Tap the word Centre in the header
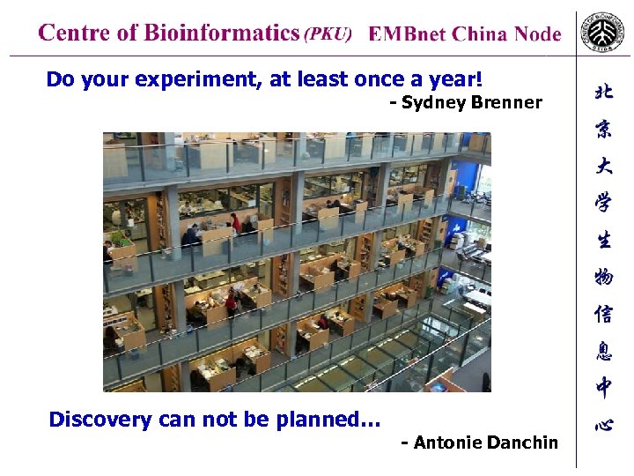(75, 33)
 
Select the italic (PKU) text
(328, 34)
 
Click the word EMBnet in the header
(407, 34)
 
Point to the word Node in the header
(537, 34)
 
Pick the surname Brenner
(507, 103)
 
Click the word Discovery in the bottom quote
(100, 420)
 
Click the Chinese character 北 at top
(604, 93)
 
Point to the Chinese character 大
(604, 167)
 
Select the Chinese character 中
(604, 387)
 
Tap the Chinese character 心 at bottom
(604, 425)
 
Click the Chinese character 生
(604, 240)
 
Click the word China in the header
(479, 34)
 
